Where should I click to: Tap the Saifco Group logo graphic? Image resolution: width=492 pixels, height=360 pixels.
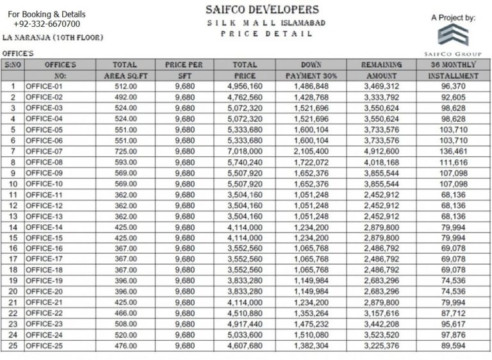453,35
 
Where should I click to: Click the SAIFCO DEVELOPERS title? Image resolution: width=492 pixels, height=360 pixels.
262,10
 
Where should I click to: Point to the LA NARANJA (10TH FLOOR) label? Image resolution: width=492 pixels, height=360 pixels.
53,38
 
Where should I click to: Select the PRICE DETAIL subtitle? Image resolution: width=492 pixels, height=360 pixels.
262,34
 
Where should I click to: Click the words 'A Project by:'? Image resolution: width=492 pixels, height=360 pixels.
453,18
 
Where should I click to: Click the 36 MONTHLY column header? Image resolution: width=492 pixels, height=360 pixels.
454,65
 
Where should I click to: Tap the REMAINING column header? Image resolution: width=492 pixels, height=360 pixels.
381,65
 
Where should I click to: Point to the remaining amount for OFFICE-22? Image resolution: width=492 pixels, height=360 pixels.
381,313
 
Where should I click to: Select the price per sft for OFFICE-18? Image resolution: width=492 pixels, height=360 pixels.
184,270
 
